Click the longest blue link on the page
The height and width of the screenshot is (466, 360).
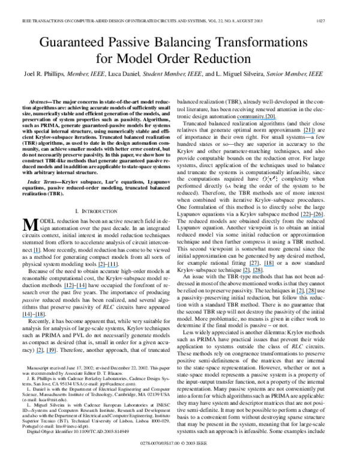click(x=256, y=120)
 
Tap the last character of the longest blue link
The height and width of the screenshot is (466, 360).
click(x=275, y=120)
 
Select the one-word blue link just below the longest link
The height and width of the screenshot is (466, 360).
click(x=309, y=134)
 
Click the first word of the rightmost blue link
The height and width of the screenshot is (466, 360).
click(x=305, y=217)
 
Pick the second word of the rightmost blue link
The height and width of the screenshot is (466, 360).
click(x=317, y=217)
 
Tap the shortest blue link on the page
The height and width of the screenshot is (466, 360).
click(x=36, y=253)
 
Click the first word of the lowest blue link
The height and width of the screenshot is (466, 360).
click(x=39, y=353)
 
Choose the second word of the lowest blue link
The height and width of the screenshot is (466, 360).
click(x=51, y=353)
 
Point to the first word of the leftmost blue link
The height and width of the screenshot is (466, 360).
click(x=27, y=318)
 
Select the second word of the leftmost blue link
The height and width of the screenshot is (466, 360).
click(x=38, y=318)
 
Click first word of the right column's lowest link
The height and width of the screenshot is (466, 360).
click(x=299, y=294)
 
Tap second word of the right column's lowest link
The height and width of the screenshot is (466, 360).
click(x=311, y=294)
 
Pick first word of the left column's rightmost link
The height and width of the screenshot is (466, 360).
click(x=101, y=267)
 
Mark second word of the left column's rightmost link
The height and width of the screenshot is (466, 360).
click(x=112, y=267)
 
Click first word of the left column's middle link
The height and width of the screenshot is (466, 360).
click(x=68, y=289)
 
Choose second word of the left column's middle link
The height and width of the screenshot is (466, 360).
click(x=81, y=289)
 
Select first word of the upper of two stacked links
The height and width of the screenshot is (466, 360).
click(x=254, y=265)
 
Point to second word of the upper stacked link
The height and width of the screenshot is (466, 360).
click(x=269, y=265)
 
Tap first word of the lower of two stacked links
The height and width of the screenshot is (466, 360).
click(x=245, y=273)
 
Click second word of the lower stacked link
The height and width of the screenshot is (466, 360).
click(x=257, y=273)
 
